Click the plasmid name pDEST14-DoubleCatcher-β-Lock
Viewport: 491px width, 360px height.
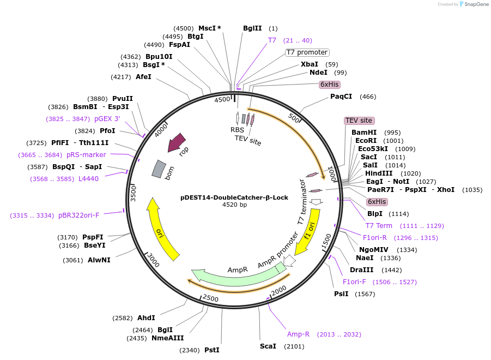[234, 197]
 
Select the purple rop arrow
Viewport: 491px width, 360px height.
[177, 143]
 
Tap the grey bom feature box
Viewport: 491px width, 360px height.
[159, 169]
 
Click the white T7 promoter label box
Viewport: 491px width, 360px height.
[307, 52]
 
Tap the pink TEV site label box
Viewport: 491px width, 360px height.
[359, 121]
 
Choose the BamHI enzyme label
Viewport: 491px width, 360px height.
[364, 133]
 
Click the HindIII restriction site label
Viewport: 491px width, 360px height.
[379, 173]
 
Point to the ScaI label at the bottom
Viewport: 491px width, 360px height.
[268, 346]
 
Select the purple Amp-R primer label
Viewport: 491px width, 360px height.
[298, 334]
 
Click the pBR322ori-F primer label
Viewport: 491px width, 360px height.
[78, 215]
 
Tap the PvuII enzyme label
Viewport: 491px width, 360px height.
[123, 99]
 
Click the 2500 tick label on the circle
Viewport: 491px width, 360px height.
[210, 298]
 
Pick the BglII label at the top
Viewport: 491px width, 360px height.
[252, 28]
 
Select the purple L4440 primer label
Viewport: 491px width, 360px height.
[88, 178]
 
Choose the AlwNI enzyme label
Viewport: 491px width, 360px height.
[99, 260]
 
